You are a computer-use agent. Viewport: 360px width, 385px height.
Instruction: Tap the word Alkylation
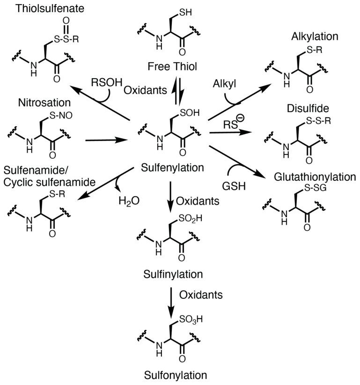(309, 36)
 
